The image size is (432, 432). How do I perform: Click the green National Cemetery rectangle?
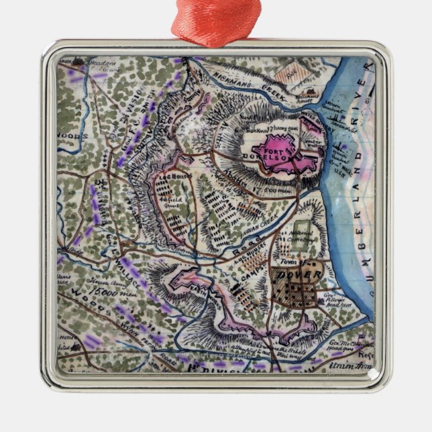click(x=303, y=231)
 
